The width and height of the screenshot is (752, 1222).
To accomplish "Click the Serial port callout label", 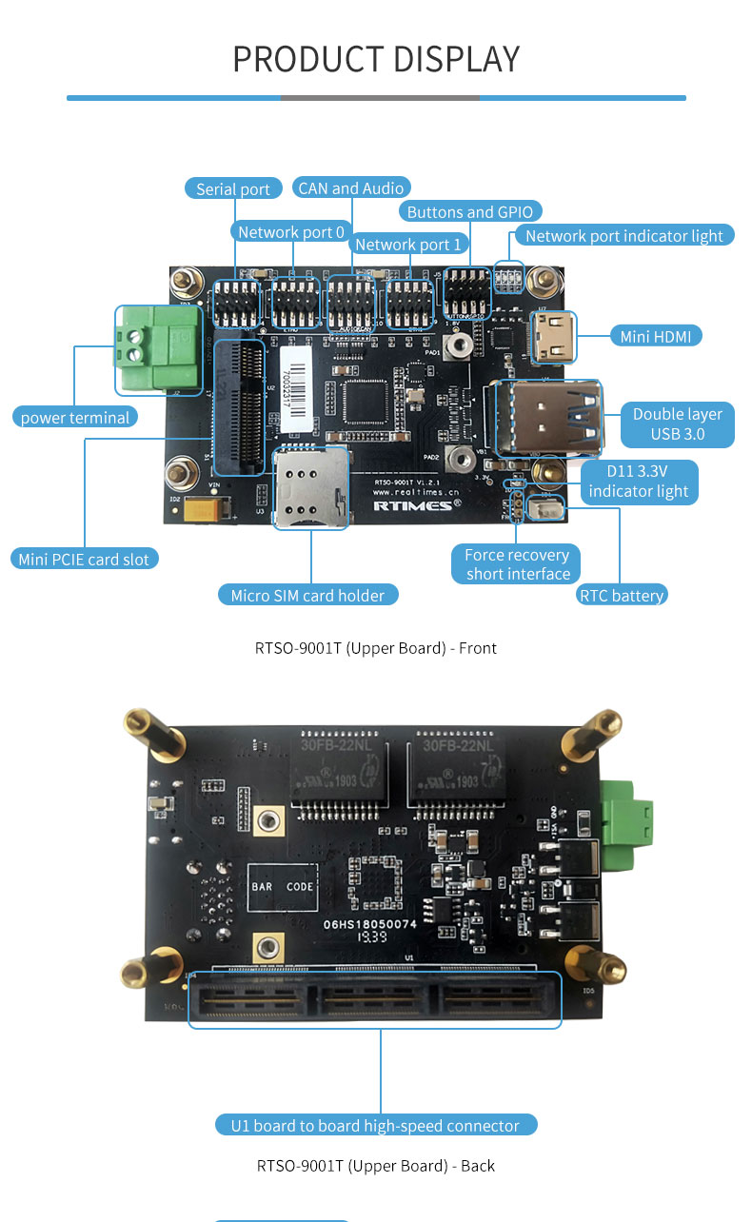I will coord(233,188).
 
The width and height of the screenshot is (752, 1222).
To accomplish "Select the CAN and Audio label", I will coord(351,187).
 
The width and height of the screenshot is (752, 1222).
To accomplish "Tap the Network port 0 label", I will coord(291,232).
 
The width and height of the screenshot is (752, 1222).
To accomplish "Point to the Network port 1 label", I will coord(407,245).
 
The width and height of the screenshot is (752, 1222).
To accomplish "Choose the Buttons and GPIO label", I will coord(470,211).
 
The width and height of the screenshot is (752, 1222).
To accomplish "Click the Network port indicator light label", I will coord(624,236).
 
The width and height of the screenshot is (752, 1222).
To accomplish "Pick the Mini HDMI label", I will coord(655,336).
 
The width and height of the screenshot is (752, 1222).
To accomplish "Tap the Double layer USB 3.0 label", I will coord(677,424).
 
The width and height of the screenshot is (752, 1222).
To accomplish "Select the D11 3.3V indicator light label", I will coord(638,482).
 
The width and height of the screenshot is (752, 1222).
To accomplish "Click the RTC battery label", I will coord(622,596).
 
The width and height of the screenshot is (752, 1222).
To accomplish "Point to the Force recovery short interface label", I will coord(517,564).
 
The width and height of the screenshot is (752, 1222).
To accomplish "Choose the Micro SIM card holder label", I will coord(307,596).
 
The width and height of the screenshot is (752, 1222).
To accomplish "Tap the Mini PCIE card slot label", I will coord(84,559).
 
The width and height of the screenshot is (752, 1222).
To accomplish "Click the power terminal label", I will coord(75,417).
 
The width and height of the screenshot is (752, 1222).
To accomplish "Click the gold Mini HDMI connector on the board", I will coord(551,338).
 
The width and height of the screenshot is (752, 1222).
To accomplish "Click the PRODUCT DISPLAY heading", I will coord(376,59).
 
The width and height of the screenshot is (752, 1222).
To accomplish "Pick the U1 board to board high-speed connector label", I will coord(375,1126).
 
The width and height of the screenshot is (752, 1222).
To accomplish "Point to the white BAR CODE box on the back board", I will coord(282,887).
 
